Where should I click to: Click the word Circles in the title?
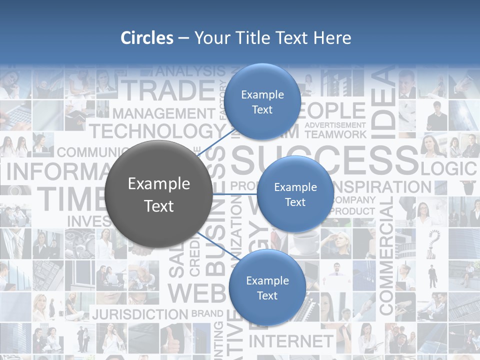[x=147, y=38]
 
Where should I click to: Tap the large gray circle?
[x=159, y=194]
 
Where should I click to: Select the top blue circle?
[x=262, y=101]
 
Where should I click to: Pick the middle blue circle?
[x=295, y=194]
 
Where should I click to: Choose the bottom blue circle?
[x=267, y=287]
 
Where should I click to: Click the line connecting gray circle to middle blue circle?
[x=234, y=194]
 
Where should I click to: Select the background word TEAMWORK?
[x=335, y=134]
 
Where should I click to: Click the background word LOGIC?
[x=449, y=168]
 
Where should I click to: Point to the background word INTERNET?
[x=290, y=341]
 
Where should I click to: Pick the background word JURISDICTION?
[x=139, y=314]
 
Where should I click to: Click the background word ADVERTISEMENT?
[x=335, y=124]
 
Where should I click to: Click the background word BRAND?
[x=207, y=314]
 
